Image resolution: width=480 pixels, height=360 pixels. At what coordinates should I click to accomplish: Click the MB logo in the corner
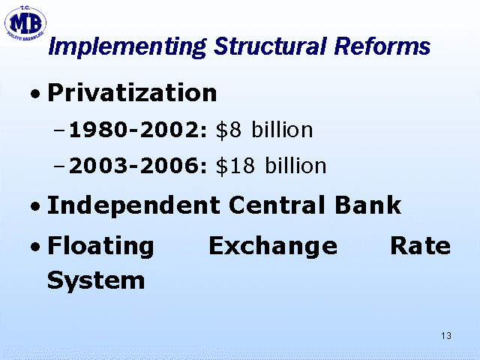[25, 23]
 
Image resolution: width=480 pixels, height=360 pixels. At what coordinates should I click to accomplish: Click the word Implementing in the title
[127, 47]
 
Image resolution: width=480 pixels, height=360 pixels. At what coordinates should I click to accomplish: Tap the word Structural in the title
[270, 46]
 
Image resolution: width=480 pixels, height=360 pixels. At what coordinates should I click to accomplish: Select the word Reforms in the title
[382, 46]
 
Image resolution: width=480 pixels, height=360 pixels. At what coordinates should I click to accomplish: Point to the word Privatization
[132, 92]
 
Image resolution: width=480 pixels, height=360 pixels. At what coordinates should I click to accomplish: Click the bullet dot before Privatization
[35, 94]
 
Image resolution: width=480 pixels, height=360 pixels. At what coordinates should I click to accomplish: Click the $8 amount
[229, 130]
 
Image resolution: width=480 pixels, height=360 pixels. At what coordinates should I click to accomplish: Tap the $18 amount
[235, 166]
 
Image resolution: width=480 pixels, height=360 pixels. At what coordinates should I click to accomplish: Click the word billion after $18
[295, 165]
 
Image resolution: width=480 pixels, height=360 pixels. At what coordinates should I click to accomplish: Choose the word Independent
[133, 205]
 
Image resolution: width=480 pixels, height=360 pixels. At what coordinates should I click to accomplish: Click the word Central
[277, 205]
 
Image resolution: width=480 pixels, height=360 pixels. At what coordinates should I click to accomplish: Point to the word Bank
[368, 205]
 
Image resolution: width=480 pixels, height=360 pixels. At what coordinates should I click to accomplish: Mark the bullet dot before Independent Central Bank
[35, 205]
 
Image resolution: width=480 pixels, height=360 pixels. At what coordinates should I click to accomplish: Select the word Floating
[100, 247]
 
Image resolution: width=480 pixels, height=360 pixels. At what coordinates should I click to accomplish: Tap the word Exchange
[273, 247]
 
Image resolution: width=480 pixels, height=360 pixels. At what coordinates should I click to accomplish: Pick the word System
[96, 280]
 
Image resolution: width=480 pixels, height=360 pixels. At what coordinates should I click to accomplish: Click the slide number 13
[446, 336]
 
